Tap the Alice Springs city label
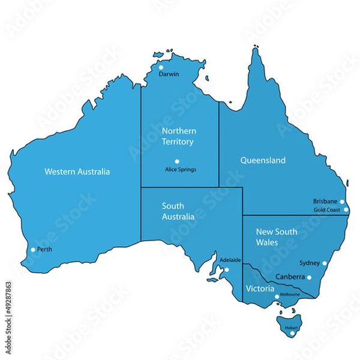tap(181, 169)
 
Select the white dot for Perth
tap(33, 249)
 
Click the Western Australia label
tap(77, 172)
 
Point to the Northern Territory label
tap(179, 136)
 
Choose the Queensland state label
tap(263, 160)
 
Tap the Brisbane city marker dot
tap(342, 202)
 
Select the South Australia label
tap(178, 211)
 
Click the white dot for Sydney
tap(325, 263)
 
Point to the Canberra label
tap(290, 277)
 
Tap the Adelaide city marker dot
tap(227, 269)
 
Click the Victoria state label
tap(260, 289)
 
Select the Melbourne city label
tap(290, 295)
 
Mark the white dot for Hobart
tap(292, 334)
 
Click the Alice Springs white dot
tap(177, 161)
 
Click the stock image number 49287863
tap(8, 307)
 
